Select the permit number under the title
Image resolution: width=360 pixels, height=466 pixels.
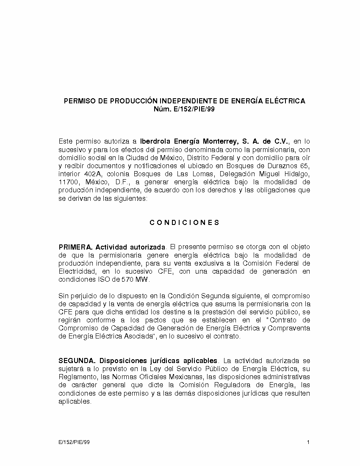pos(184,109)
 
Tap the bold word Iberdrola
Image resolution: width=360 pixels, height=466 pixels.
pos(156,141)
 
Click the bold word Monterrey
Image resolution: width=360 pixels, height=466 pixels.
pos(220,141)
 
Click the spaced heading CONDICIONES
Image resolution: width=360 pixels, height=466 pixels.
pos(184,223)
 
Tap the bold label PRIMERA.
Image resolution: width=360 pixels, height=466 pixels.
pos(76,247)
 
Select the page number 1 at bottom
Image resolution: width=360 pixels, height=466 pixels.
pos(308,442)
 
